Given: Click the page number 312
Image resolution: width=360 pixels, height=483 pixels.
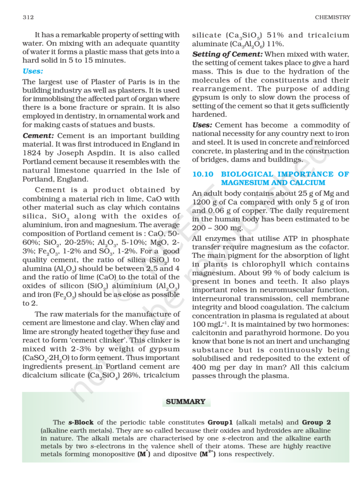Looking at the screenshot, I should (27, 17).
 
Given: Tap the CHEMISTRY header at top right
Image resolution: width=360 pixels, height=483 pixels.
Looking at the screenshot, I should (333, 17).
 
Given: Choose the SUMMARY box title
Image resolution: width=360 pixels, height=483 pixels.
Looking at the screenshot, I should (186, 402).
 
